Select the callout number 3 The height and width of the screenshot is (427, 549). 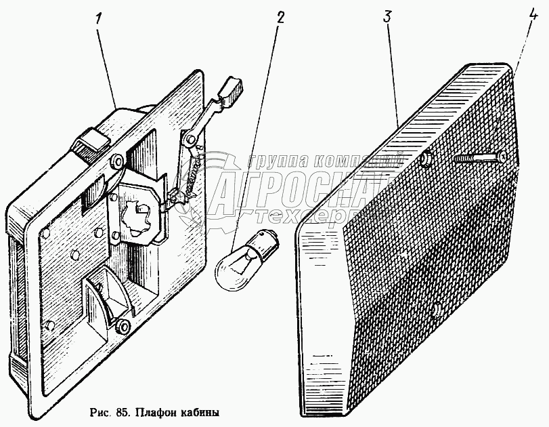click(387, 18)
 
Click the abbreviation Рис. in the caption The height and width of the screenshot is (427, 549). click(99, 412)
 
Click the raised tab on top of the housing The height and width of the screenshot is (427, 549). click(92, 142)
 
